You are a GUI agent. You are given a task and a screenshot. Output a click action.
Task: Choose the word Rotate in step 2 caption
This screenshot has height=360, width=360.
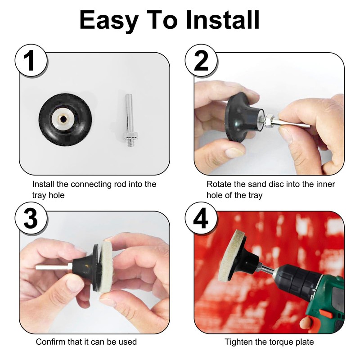pos(218,184)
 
